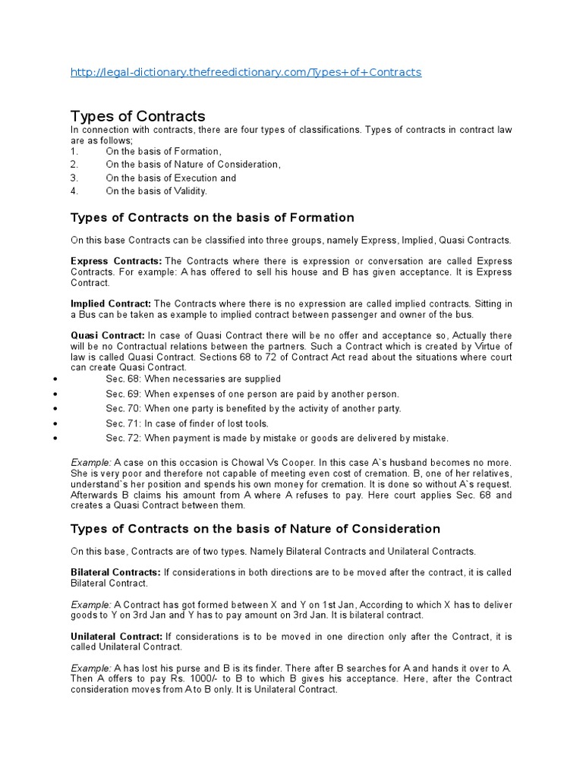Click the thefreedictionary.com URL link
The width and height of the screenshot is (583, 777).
245,72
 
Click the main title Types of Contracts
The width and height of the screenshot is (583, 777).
137,116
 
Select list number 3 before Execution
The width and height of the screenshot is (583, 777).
74,178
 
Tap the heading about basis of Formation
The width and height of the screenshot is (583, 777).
212,218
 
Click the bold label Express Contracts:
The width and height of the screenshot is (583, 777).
111,261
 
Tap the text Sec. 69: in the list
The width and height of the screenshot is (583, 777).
122,394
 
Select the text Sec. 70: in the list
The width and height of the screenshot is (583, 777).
122,408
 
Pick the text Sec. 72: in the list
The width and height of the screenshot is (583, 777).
122,439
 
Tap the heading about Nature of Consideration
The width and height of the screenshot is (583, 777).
255,529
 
